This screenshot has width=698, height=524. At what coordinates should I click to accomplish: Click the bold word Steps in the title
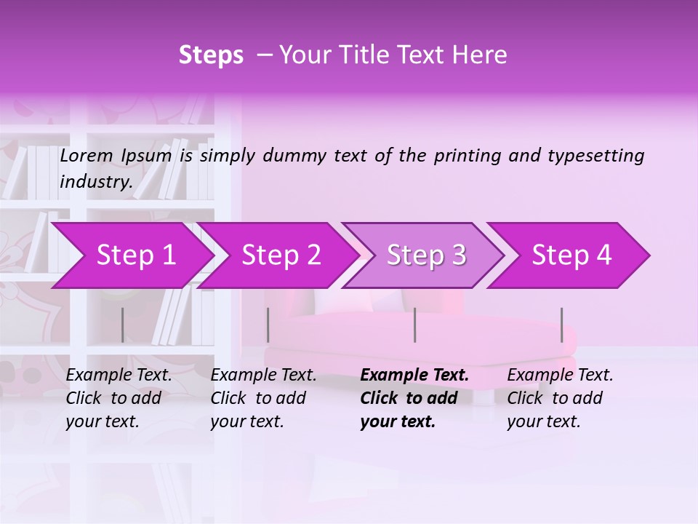[x=211, y=55]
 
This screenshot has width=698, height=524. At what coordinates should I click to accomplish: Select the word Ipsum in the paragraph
[x=147, y=156]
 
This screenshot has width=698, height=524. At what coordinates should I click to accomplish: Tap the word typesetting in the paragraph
[x=595, y=156]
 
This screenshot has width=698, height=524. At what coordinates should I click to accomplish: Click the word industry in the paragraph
[x=96, y=182]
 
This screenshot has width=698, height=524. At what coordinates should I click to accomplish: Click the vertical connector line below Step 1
[x=122, y=325]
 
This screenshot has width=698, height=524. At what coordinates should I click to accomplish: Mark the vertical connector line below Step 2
[x=268, y=325]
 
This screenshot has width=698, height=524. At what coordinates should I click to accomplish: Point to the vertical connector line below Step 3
[x=414, y=325]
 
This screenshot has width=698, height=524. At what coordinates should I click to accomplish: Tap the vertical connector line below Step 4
[x=561, y=325]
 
